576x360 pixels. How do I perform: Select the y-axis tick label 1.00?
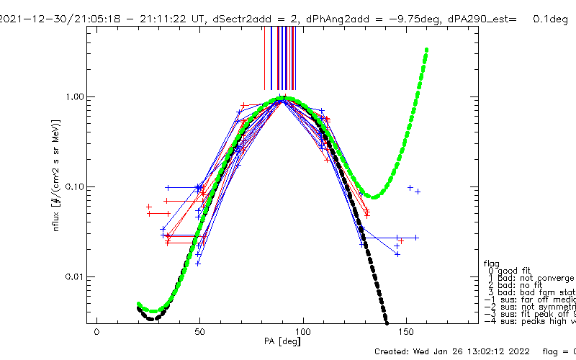(73, 96)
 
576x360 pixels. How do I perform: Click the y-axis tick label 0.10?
(73, 186)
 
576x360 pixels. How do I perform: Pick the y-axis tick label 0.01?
(73, 276)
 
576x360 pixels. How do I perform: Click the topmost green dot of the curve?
(427, 50)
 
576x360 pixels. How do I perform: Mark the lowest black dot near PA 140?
(387, 320)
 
